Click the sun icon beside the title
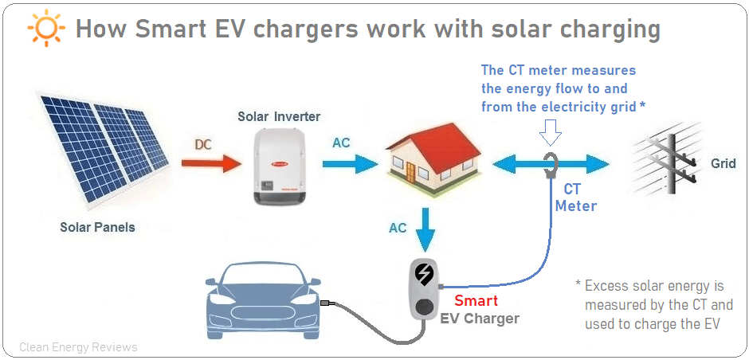tap(45, 29)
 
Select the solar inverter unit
tap(280, 168)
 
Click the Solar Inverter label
tap(279, 117)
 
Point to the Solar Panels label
tap(97, 227)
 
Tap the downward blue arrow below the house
tap(426, 227)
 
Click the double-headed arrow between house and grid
tap(550, 164)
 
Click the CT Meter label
tap(575, 198)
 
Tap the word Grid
tap(724, 164)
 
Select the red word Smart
tap(476, 301)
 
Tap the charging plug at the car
tap(326, 303)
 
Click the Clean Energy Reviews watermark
tap(78, 347)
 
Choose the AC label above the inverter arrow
tap(341, 143)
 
